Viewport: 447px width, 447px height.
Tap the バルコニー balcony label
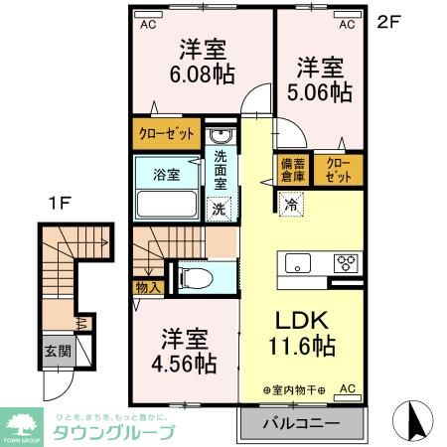pos(301,423)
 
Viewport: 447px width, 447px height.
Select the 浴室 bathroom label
pos(166,175)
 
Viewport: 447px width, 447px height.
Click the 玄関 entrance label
pos(56,351)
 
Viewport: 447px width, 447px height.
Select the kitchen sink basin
pos(297,264)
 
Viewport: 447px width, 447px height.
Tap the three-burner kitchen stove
pos(347,263)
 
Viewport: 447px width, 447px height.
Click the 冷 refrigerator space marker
pos(291,206)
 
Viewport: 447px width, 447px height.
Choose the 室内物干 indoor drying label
pos(295,388)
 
